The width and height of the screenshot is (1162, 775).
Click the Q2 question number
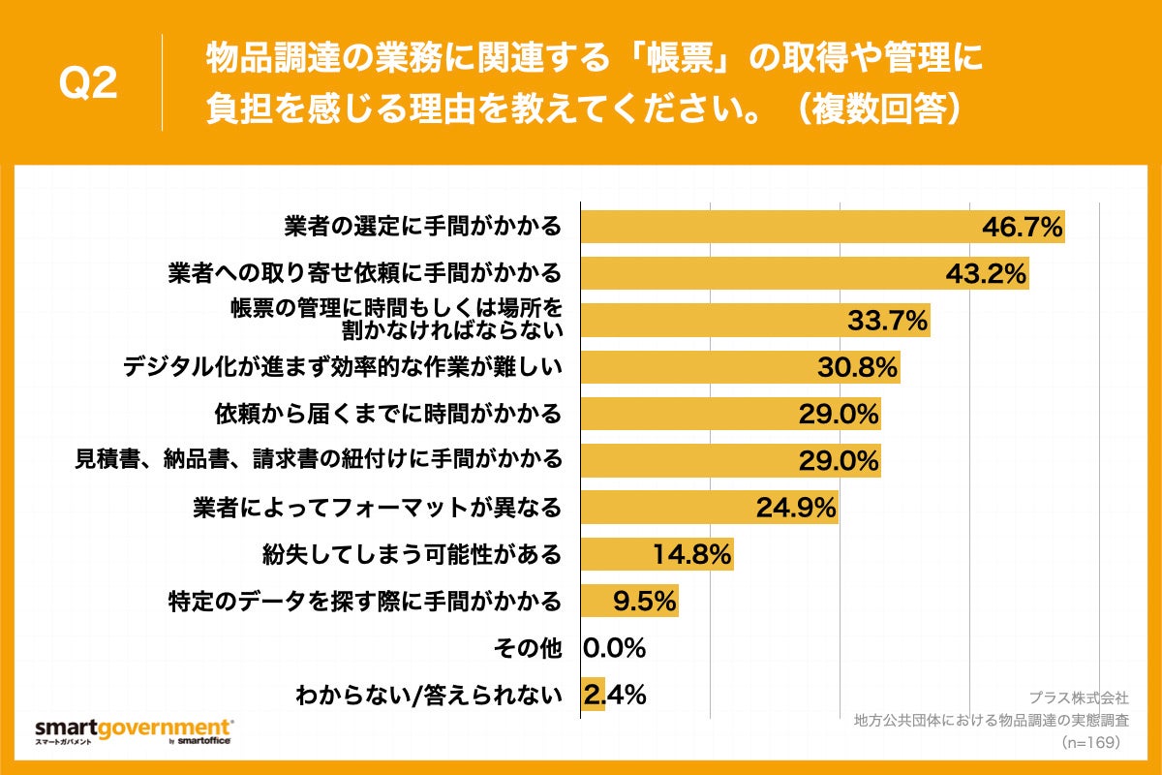[88, 85]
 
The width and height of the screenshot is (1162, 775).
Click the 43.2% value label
[986, 274]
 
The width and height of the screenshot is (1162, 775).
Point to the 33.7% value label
[888, 321]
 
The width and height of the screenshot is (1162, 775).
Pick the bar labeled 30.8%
[740, 367]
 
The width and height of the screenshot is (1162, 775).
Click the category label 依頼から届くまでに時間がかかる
[387, 415]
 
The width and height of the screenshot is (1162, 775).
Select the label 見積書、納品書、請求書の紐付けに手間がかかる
[319, 459]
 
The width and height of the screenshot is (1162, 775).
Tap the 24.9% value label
[796, 507]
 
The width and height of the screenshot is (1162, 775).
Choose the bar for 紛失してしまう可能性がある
[657, 554]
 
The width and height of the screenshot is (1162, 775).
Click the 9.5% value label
[644, 602]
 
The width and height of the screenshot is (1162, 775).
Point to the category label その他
[527, 648]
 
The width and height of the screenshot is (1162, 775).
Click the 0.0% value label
[614, 648]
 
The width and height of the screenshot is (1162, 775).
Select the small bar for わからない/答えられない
[593, 695]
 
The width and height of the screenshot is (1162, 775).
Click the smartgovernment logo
[134, 729]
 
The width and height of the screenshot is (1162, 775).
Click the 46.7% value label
[1023, 228]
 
